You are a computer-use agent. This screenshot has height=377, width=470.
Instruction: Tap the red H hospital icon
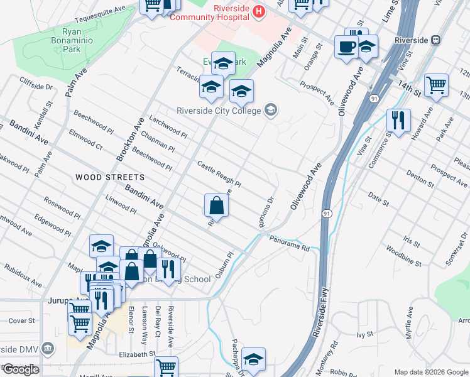click(259, 11)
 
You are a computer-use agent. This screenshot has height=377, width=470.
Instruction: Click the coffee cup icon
click(347, 47)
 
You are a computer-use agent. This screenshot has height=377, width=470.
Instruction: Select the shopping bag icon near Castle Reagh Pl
click(216, 205)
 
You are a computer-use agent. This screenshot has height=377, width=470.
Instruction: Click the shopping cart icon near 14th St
click(436, 85)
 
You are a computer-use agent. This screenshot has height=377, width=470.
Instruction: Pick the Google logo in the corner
click(21, 369)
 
